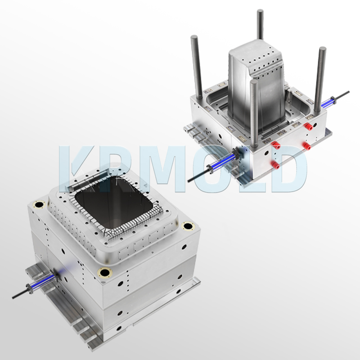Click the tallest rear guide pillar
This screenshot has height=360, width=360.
coord(260,27)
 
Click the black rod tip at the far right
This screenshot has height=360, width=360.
coord(348,93)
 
